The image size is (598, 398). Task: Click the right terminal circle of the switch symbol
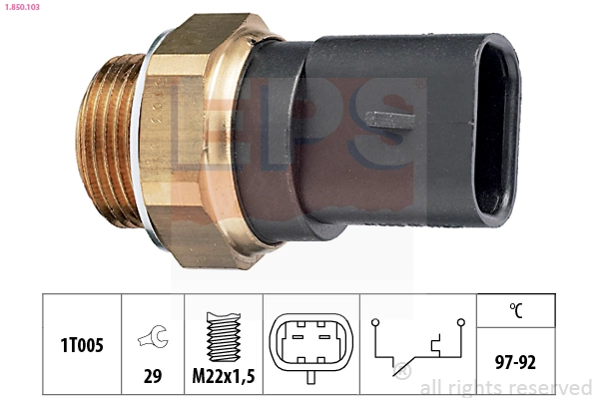(x=460, y=322)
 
